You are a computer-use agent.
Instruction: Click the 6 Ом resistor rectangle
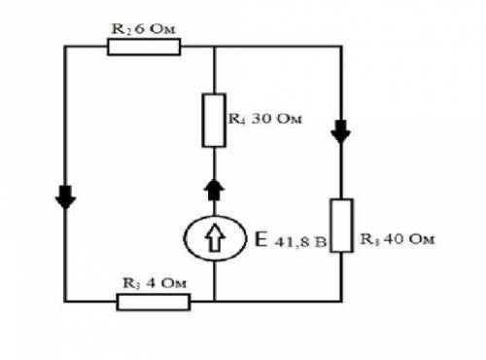[144, 47]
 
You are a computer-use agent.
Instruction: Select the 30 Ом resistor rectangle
[214, 120]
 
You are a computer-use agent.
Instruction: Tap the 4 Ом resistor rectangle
[154, 302]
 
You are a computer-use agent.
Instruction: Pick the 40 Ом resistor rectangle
[341, 226]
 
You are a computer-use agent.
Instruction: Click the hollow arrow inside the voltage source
[214, 238]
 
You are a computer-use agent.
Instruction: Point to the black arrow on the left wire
[65, 198]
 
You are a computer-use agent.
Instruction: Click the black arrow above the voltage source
[214, 190]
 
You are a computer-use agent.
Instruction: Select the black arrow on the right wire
[341, 131]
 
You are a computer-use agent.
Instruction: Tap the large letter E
[261, 239]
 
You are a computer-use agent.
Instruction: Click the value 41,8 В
[300, 242]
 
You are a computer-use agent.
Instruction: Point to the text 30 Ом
[276, 119]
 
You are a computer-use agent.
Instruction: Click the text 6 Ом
[155, 29]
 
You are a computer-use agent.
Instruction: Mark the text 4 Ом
[166, 283]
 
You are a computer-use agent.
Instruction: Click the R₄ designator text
[237, 119]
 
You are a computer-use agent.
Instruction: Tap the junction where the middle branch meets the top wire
[214, 47]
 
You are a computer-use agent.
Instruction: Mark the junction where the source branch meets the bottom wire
[214, 302]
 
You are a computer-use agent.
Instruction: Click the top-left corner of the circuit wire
[65, 47]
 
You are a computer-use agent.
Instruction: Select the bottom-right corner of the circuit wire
[341, 302]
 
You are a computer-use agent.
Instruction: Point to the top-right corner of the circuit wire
[341, 47]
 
